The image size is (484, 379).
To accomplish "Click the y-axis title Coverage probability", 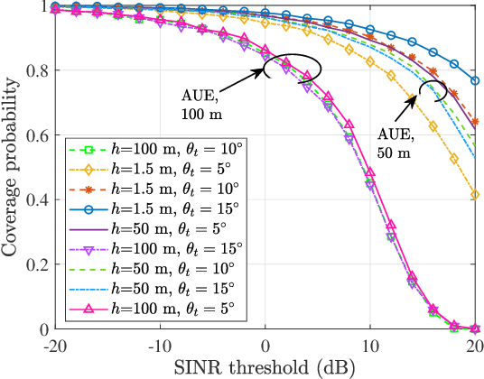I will coord(12,168).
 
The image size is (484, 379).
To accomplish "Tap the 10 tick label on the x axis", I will coord(370,344).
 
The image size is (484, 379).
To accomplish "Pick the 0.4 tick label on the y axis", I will coord(37,200).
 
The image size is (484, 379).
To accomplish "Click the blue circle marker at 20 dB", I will coord(476,81).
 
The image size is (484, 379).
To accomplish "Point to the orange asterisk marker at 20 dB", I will coord(476,122).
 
